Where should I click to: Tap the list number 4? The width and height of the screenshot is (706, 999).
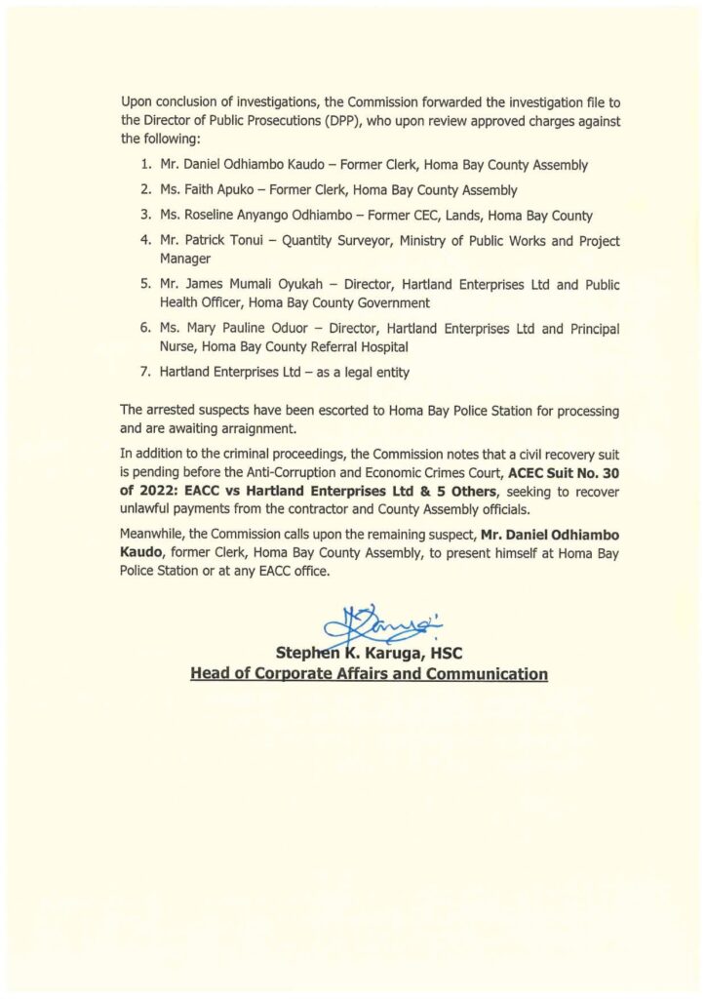coord(143,241)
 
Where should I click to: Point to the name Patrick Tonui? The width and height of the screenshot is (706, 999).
coord(198,241)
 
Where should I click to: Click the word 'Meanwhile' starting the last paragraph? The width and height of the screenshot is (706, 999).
coord(151,538)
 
